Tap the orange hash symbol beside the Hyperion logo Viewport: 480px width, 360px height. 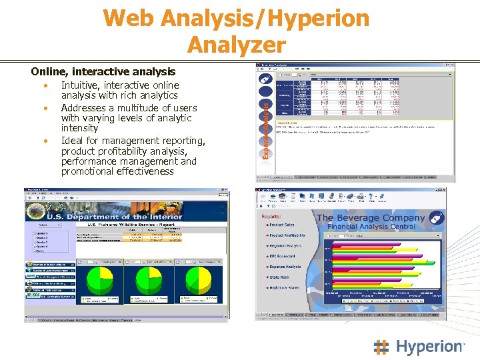pos(382,347)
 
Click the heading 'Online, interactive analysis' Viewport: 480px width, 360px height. pos(103,71)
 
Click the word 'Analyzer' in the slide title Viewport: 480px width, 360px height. pos(236,45)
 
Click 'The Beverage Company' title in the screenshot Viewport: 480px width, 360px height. pos(370,218)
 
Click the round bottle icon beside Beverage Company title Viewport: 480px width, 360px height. pos(437,219)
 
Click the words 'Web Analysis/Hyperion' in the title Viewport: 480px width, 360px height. pos(236,18)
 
